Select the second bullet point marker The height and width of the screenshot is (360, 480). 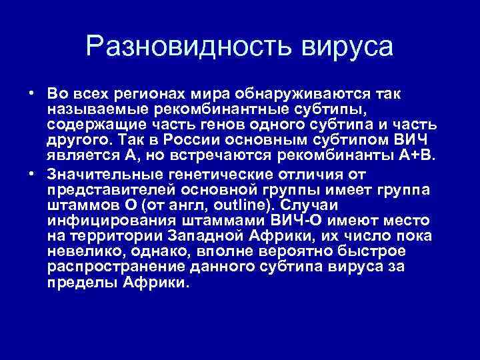point(31,175)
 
